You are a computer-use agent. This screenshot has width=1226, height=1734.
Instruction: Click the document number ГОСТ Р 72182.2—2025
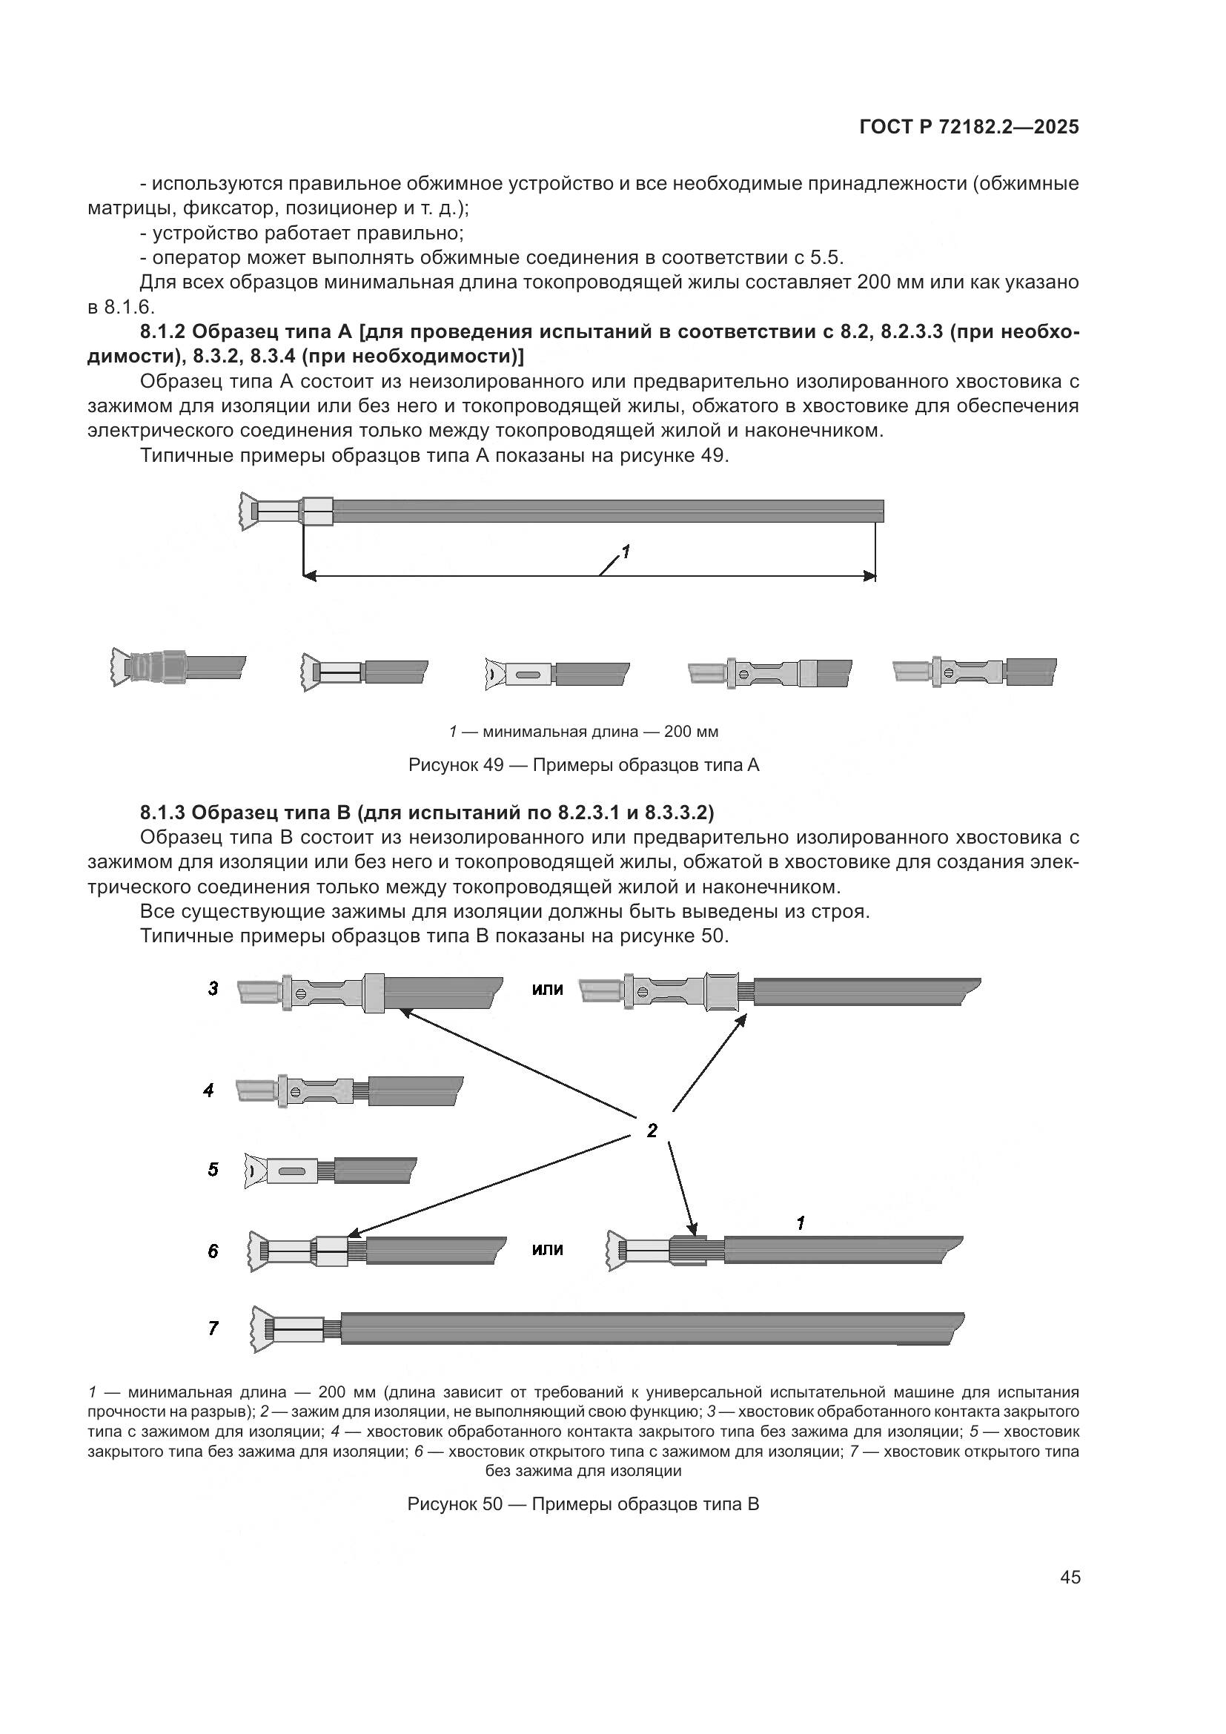coord(970,128)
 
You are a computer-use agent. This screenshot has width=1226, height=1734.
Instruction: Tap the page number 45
coord(1070,1577)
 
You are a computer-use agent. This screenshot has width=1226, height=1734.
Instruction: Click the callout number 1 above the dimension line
coord(625,552)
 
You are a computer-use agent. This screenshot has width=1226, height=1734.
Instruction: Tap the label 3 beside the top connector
coord(213,989)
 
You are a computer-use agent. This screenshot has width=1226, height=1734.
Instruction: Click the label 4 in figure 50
coord(209,1091)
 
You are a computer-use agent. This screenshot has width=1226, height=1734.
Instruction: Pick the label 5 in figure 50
coord(213,1170)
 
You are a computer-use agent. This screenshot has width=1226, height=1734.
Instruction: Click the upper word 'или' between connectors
coord(547,990)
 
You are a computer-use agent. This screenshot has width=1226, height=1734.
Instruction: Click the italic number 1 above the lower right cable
coord(801,1222)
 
